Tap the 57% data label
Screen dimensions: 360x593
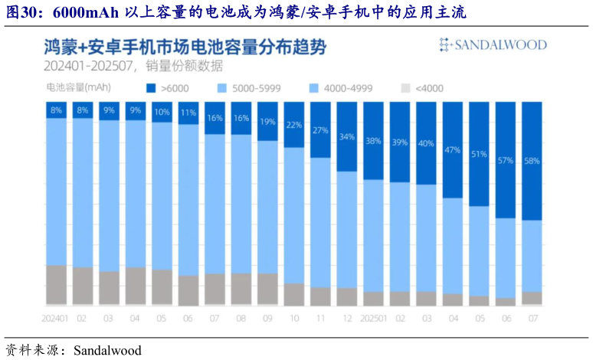pos(505,161)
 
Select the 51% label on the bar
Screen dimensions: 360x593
pos(479,154)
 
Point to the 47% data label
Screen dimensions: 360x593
pos(452,150)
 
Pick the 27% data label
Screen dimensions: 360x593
pos(320,129)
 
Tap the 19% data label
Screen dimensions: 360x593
pos(267,122)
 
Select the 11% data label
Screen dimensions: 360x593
pos(188,113)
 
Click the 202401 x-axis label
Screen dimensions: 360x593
pos(56,317)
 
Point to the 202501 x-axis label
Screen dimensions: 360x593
pos(373,317)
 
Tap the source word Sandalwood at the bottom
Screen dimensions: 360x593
pos(107,350)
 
